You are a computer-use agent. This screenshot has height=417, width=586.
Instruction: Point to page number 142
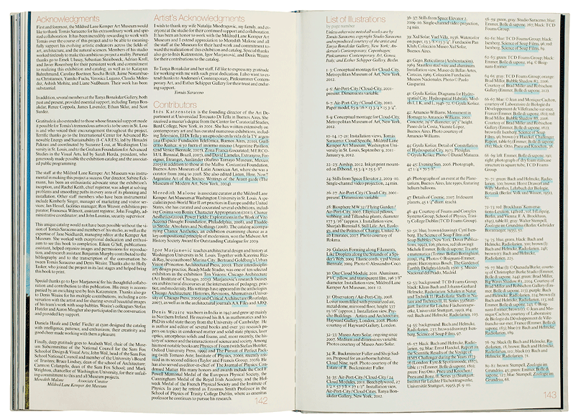(276, 403)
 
